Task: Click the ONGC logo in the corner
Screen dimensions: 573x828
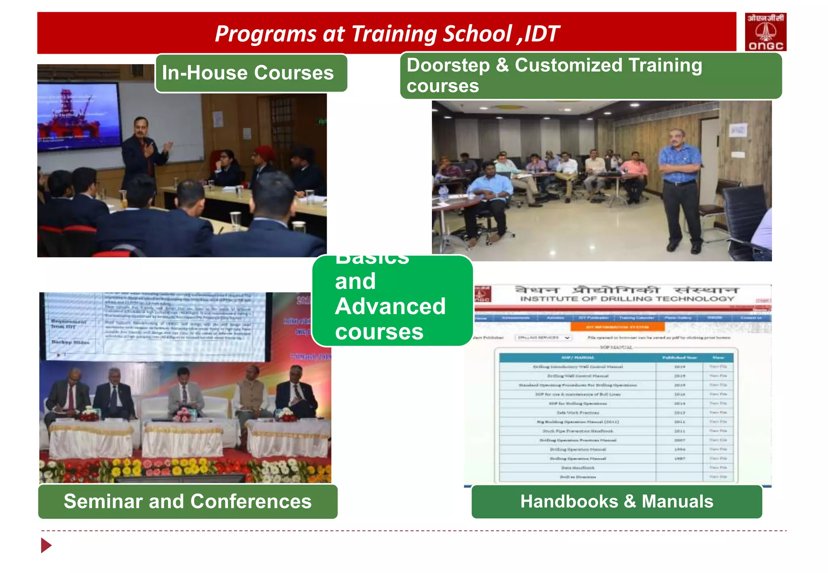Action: pyautogui.click(x=765, y=32)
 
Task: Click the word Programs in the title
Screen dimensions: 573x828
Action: pyautogui.click(x=265, y=34)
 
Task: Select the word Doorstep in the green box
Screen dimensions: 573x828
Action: pyautogui.click(x=448, y=65)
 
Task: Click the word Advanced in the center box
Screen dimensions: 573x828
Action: pyautogui.click(x=390, y=306)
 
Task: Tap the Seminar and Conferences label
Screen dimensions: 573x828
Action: pyautogui.click(x=188, y=501)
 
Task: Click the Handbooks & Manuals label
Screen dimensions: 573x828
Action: pyautogui.click(x=616, y=501)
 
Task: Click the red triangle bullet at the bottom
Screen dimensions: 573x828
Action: pyautogui.click(x=46, y=545)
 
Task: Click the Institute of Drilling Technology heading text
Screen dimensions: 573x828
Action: pyautogui.click(x=627, y=299)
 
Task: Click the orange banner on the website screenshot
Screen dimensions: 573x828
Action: pyautogui.click(x=617, y=327)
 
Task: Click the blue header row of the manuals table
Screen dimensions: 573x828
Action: pyautogui.click(x=616, y=357)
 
